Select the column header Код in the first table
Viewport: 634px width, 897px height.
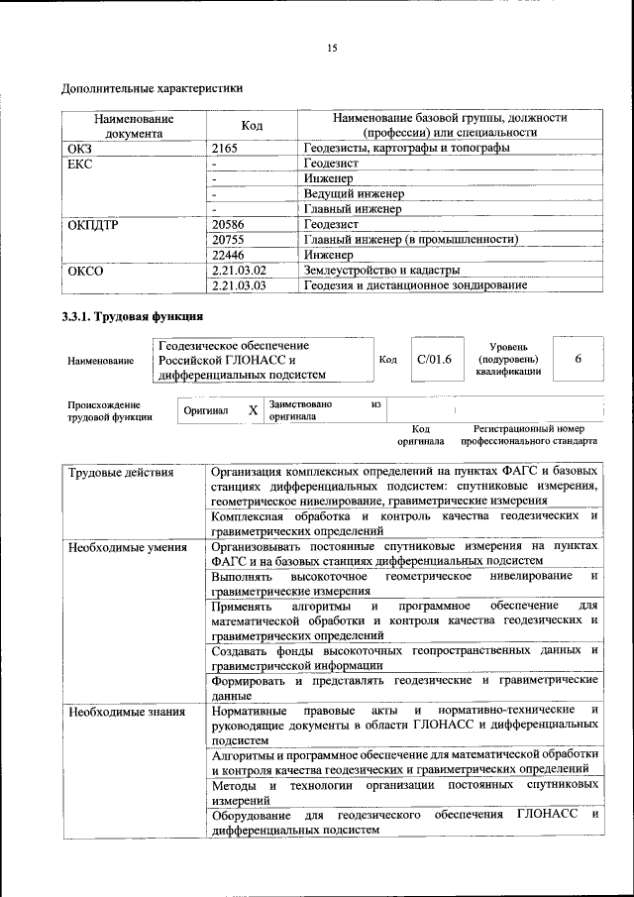pos(252,125)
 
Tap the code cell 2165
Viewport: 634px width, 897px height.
pos(226,148)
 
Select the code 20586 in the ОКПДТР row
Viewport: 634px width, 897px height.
pos(230,225)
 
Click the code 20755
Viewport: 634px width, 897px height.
pos(230,240)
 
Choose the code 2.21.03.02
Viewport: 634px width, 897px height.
pos(240,270)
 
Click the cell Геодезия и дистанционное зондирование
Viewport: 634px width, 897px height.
pos(414,285)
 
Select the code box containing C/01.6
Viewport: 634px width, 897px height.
pos(434,359)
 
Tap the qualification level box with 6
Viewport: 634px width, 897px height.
pos(577,359)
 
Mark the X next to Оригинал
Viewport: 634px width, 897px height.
pos(253,410)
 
